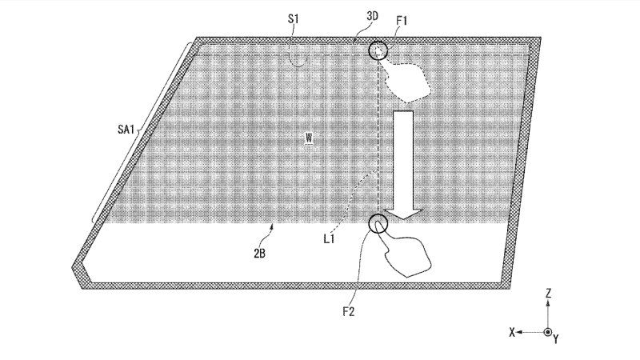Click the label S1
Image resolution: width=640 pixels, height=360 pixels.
point(294,18)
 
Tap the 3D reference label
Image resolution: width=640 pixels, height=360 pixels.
point(372,16)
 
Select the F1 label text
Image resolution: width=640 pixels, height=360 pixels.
point(402,21)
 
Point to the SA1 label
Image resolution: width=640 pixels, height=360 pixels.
point(126,130)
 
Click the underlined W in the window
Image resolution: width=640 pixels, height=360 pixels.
point(309,138)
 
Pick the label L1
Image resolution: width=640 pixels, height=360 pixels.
point(329,238)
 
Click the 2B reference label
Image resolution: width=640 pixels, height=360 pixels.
point(259,254)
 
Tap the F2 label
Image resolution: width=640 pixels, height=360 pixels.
point(348,312)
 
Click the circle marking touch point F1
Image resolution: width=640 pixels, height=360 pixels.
point(378,42)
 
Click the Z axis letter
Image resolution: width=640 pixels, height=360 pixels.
point(549,293)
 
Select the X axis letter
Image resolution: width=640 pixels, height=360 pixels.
point(512,332)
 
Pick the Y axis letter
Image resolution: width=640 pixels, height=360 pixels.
point(556,338)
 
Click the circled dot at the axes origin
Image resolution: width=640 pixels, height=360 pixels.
point(548,332)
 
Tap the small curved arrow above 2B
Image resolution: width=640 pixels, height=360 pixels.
point(270,235)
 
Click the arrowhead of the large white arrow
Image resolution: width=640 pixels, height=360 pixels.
point(403,214)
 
